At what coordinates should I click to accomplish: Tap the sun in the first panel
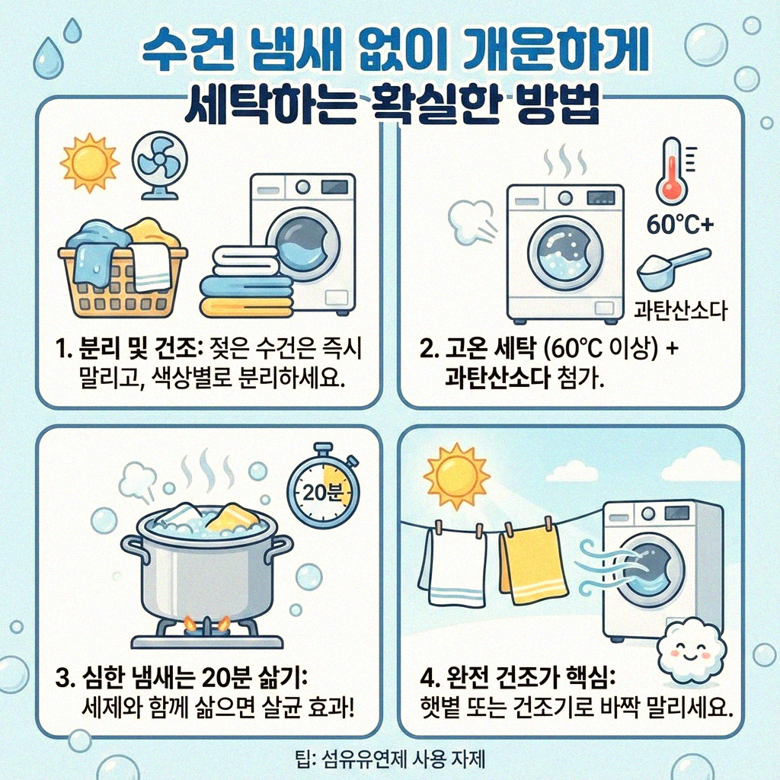90,162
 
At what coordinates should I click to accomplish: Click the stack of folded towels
246,282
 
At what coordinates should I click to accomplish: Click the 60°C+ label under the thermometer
679,225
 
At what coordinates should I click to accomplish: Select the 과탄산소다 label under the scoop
681,310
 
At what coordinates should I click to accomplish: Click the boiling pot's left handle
133,546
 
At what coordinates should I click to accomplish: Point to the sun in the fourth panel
455,476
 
